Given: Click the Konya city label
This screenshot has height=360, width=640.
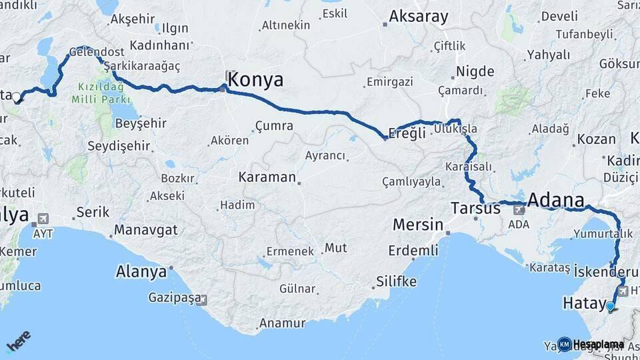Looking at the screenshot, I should pyautogui.click(x=255, y=80).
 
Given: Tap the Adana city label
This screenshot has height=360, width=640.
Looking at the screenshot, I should pyautogui.click(x=556, y=200).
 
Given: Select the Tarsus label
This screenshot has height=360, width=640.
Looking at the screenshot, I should pyautogui.click(x=475, y=208).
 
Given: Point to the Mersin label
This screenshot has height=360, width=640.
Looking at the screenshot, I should pyautogui.click(x=417, y=224).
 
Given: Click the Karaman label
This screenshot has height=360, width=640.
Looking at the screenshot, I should pyautogui.click(x=267, y=177).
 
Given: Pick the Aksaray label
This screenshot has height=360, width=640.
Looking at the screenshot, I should pyautogui.click(x=419, y=17).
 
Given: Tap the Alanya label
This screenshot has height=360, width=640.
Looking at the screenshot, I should pyautogui.click(x=141, y=272).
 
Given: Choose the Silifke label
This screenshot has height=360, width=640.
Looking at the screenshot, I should pyautogui.click(x=396, y=281).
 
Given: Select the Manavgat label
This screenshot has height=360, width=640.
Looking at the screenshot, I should pyautogui.click(x=145, y=230).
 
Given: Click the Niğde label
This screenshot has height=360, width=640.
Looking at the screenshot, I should pyautogui.click(x=475, y=71).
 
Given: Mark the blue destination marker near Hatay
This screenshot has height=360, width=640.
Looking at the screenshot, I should pyautogui.click(x=610, y=306).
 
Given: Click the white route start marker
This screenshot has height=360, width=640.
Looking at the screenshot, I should pyautogui.click(x=16, y=97).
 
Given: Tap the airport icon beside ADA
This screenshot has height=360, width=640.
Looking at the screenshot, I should pyautogui.click(x=519, y=209).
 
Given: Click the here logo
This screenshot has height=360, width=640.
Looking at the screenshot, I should pyautogui.click(x=18, y=341).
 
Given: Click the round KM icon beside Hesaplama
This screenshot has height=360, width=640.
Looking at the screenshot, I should pyautogui.click(x=564, y=344).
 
